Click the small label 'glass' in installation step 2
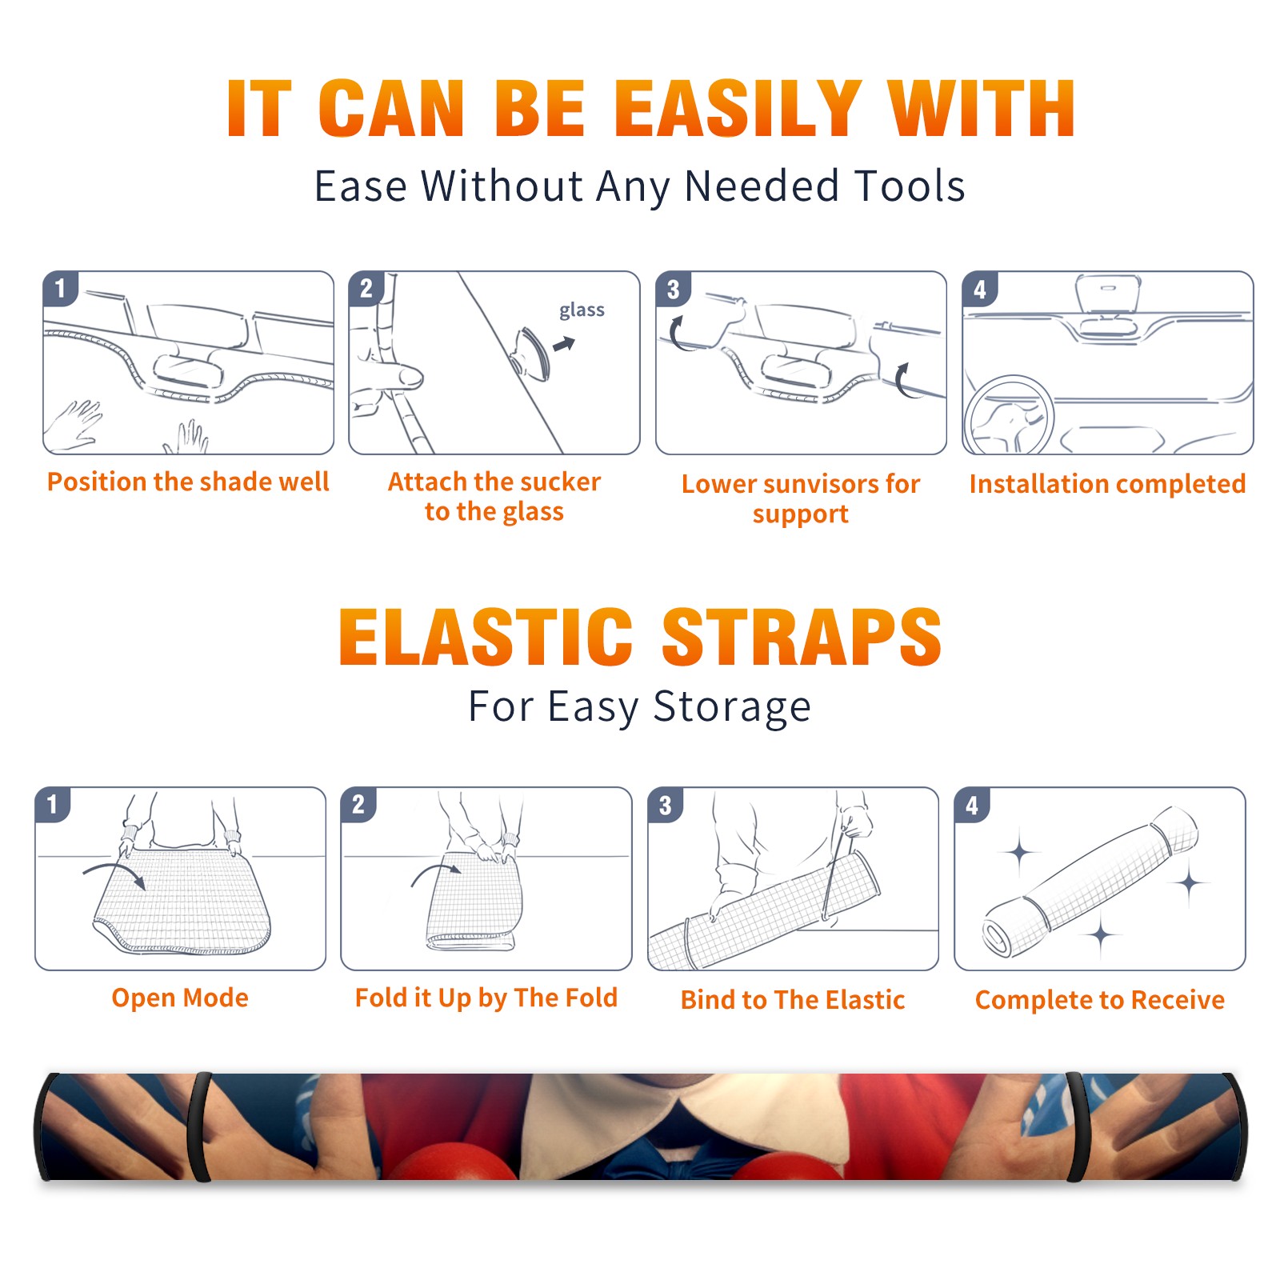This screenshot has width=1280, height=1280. (x=582, y=310)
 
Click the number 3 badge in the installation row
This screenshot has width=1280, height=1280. (x=673, y=289)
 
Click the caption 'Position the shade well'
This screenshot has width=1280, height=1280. (x=188, y=482)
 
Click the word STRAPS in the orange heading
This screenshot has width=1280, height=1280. (x=802, y=637)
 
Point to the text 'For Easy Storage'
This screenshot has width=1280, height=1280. (x=639, y=706)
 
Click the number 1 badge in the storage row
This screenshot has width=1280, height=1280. (x=53, y=804)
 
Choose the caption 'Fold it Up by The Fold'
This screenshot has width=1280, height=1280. (x=486, y=998)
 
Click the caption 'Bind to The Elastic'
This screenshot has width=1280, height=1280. (x=793, y=999)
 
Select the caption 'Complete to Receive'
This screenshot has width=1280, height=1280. (x=1100, y=999)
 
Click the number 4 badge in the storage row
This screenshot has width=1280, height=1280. (x=972, y=805)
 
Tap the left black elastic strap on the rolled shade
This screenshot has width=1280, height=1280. (x=199, y=1127)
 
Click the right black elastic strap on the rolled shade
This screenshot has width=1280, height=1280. (x=1078, y=1127)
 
